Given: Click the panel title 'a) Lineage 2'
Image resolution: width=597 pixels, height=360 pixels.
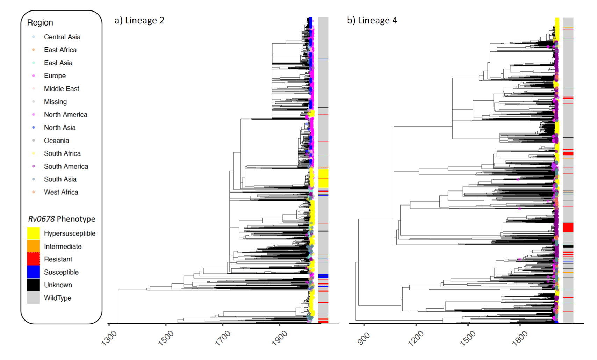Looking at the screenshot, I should click(x=139, y=21).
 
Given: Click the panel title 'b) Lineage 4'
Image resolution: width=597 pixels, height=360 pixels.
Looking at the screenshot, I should click(x=372, y=21).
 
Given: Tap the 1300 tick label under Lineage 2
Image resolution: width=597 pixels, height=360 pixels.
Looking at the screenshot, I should click(x=109, y=338).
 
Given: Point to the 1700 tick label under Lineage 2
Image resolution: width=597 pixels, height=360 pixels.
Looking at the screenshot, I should click(x=223, y=338).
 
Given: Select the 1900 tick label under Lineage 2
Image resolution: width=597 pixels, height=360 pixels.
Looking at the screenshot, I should click(x=280, y=338).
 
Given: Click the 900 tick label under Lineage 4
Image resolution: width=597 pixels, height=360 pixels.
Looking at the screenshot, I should click(x=364, y=338).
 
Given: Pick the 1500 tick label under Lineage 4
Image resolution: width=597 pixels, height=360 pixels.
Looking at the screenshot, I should click(x=468, y=338).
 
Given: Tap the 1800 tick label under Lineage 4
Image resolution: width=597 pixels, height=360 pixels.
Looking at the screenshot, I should click(x=520, y=338).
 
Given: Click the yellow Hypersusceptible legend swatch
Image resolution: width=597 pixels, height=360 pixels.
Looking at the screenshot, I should click(x=34, y=233).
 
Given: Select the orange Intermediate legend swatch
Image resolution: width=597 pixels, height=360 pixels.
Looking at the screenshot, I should click(x=34, y=246).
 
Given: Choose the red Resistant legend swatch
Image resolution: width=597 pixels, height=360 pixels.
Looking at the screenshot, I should click(x=34, y=259).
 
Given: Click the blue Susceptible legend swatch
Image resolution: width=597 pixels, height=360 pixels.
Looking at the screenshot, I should click(x=34, y=272).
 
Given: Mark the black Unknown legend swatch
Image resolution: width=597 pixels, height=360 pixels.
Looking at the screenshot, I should click(x=34, y=285).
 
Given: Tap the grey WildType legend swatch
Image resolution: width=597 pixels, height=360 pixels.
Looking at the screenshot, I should click(x=34, y=298).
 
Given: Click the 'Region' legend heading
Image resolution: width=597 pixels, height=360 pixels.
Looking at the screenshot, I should click(x=40, y=23).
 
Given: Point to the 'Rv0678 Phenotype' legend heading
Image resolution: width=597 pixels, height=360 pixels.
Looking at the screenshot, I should click(x=62, y=219).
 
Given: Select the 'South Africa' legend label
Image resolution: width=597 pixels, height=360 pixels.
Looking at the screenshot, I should click(x=62, y=153).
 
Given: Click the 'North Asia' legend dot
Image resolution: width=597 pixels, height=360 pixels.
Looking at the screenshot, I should click(x=34, y=128).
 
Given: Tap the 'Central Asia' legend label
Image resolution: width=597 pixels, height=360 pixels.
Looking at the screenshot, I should click(x=62, y=37).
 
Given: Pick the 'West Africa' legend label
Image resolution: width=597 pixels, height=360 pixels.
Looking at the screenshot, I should click(x=61, y=192).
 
